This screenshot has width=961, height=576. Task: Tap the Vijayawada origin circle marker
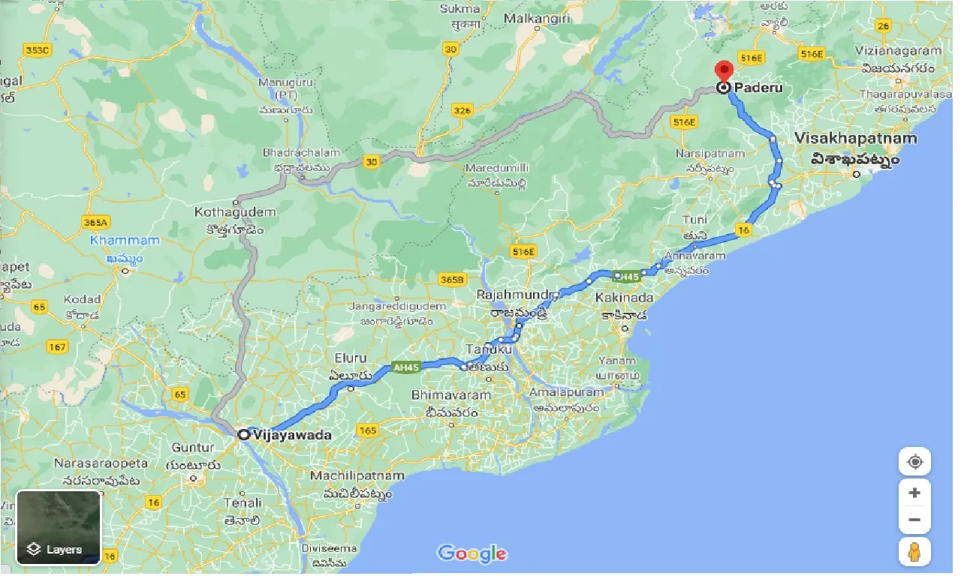(x=243, y=434)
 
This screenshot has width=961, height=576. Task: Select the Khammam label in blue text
(x=125, y=241)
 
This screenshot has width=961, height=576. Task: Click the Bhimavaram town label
(x=451, y=395)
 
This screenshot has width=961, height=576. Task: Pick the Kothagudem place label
(x=234, y=212)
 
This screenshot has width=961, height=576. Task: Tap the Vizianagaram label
(x=898, y=51)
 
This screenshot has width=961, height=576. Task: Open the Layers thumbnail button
(x=59, y=526)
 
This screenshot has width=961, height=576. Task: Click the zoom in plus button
(x=914, y=493)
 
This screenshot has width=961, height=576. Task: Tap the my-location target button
(x=914, y=462)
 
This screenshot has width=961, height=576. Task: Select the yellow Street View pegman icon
(x=914, y=553)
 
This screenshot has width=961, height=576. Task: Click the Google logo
(x=472, y=553)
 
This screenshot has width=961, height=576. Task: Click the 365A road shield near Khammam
(x=96, y=222)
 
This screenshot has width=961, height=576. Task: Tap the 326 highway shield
(x=463, y=111)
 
